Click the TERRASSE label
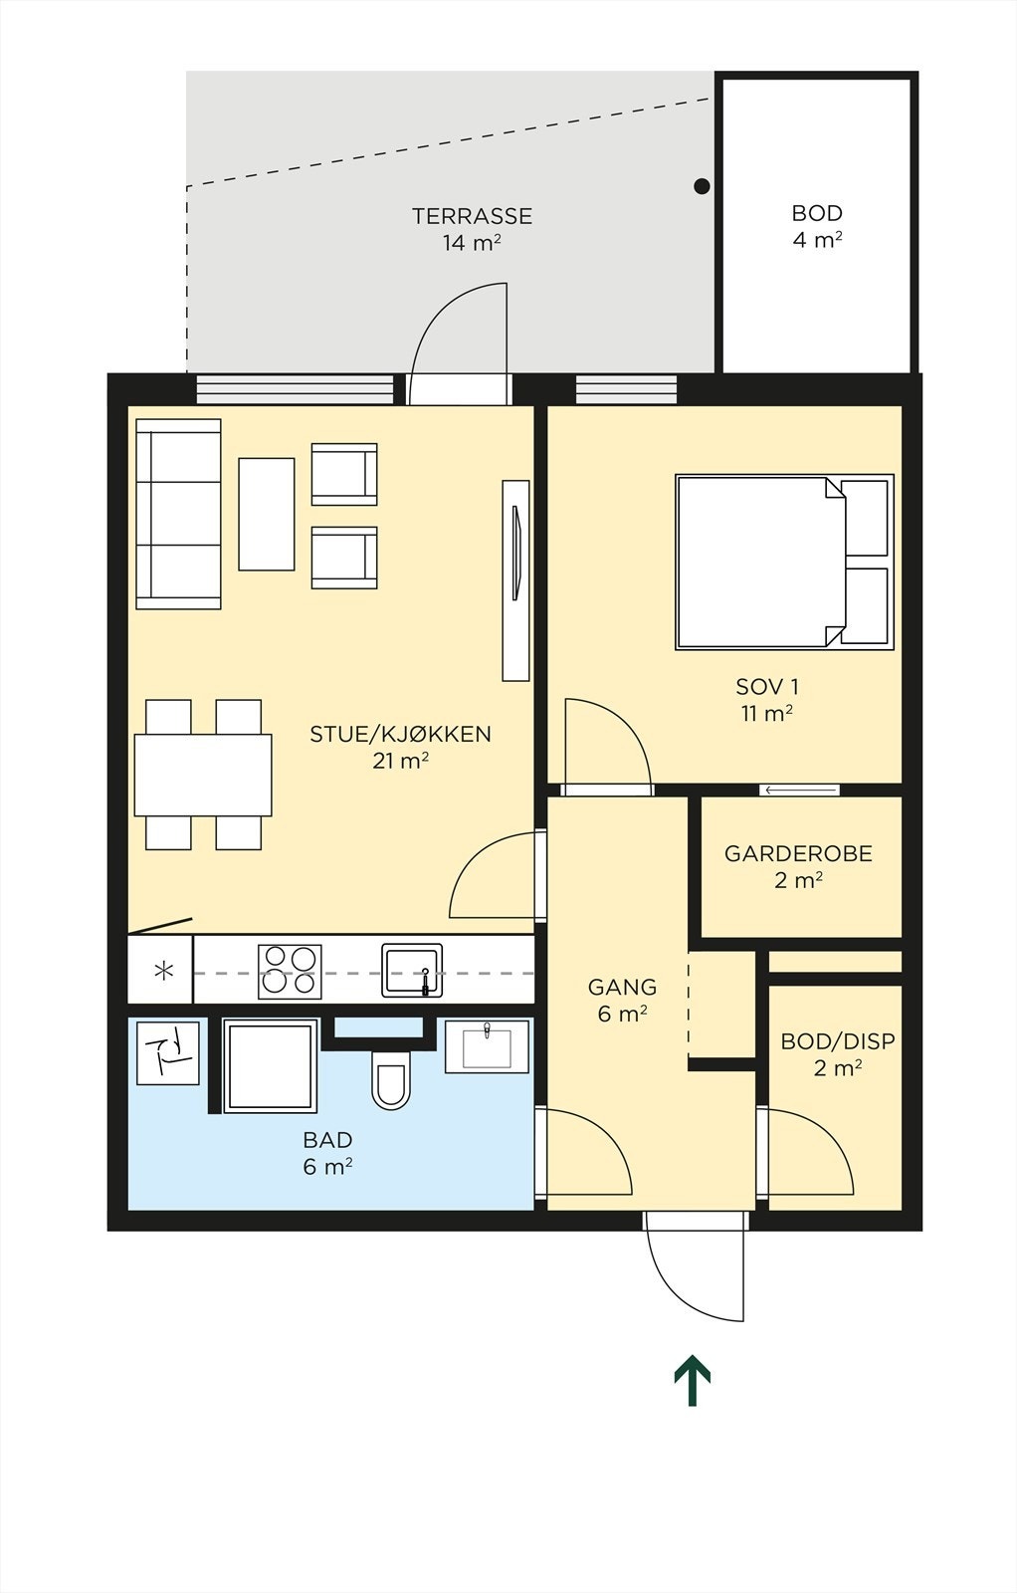(472, 216)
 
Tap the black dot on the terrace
(702, 186)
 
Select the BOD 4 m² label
(817, 226)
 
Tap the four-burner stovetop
(290, 971)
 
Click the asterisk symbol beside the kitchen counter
(163, 970)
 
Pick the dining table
(203, 775)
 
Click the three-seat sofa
(178, 514)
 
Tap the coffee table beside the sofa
(267, 514)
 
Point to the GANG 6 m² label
(622, 1000)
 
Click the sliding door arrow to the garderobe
(800, 791)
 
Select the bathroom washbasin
(487, 1046)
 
